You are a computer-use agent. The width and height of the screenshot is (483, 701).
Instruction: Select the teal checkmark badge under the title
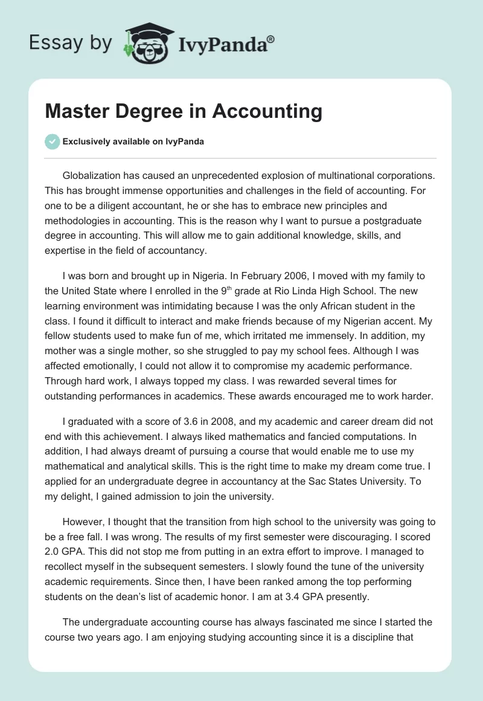click(52, 141)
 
